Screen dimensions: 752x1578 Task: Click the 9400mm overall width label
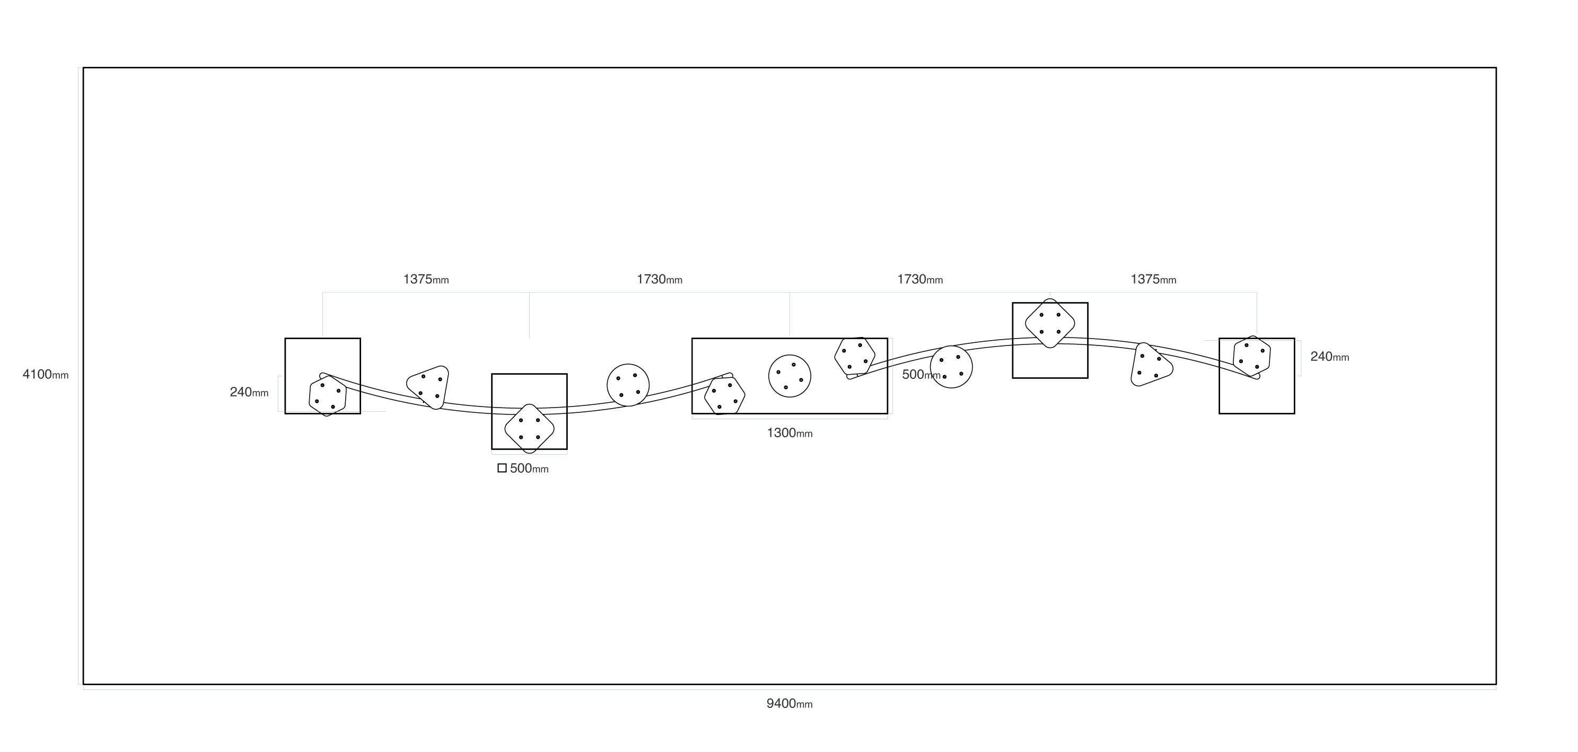tap(789, 704)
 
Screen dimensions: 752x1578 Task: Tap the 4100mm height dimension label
tap(45, 375)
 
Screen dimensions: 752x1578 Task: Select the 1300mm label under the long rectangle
tap(790, 433)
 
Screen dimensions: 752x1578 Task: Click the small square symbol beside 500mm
tap(502, 468)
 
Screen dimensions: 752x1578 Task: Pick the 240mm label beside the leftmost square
tap(249, 392)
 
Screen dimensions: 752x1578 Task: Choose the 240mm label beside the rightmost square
tap(1329, 357)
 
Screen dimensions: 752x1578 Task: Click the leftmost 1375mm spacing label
tap(426, 280)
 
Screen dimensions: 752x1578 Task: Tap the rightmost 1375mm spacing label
tap(1153, 280)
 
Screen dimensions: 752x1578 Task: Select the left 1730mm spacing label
tap(659, 280)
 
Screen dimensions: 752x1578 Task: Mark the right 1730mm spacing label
tap(919, 280)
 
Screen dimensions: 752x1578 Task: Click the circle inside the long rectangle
tap(790, 376)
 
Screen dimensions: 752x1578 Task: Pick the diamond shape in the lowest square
tap(529, 428)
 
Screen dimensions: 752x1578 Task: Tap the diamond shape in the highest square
tap(1050, 323)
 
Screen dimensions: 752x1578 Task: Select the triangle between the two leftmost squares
tap(429, 386)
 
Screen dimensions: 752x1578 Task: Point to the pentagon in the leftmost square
tap(327, 396)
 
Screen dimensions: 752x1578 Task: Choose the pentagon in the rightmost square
tap(1251, 356)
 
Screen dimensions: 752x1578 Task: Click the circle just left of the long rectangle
tap(628, 384)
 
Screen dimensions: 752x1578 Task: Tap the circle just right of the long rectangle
tap(951, 367)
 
